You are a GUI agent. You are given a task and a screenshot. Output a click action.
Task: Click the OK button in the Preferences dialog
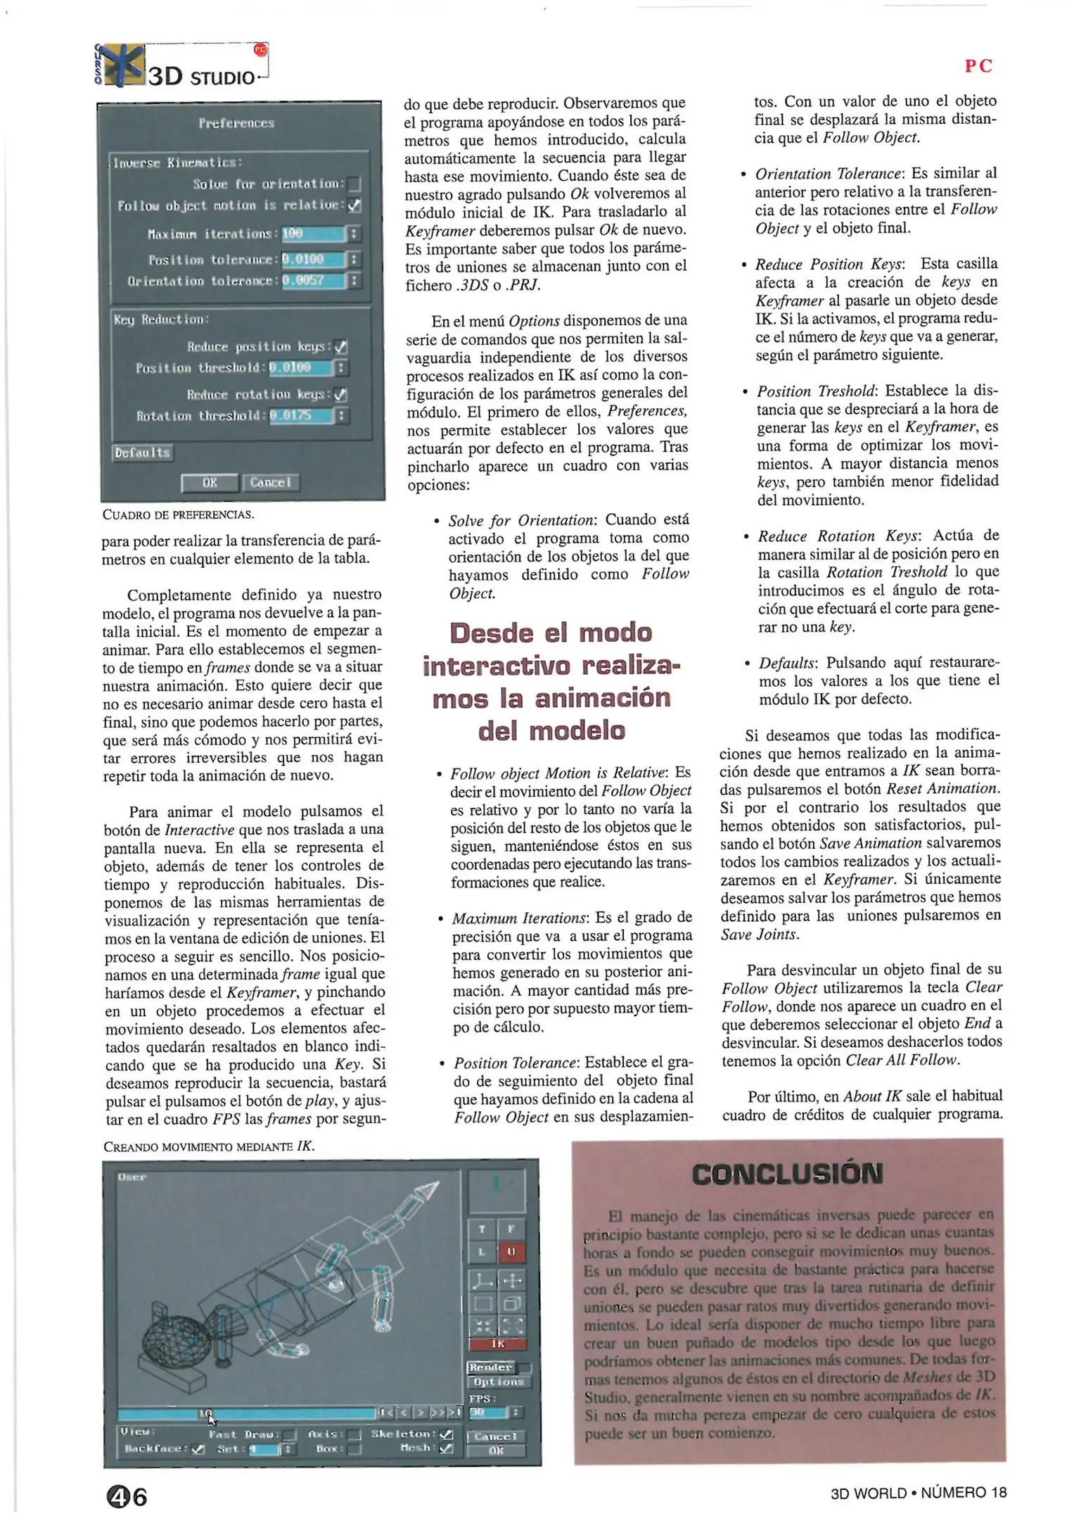point(209,483)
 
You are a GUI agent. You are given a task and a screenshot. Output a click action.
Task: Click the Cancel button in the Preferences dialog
point(270,483)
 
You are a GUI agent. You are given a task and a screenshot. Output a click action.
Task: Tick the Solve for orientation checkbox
point(354,185)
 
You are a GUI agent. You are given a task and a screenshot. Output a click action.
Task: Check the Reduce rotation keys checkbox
point(341,395)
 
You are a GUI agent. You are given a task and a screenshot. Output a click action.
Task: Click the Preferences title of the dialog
point(236,123)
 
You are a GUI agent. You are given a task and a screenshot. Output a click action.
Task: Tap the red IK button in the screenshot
point(497,1344)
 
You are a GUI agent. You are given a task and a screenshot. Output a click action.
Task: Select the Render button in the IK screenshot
point(492,1367)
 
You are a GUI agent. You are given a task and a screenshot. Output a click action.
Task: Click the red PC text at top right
point(978,66)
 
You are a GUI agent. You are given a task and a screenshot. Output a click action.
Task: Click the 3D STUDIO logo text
point(200,76)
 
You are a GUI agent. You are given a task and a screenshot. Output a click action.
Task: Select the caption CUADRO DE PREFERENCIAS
point(178,514)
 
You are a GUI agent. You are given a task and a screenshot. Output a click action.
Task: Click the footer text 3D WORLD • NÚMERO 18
point(918,1493)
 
